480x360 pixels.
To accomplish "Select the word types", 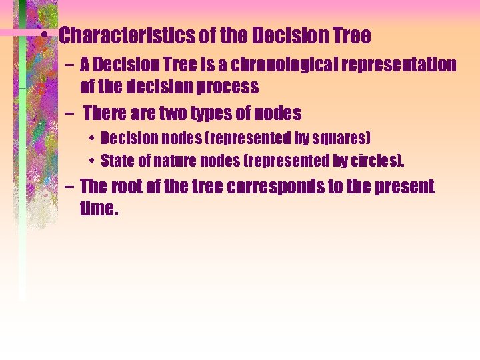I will coord(216,114).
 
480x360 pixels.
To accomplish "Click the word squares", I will coord(339,139).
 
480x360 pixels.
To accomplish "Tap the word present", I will coord(401,187).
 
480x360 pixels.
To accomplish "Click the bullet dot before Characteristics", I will coord(44,36).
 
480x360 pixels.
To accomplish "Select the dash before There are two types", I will coord(69,114).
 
